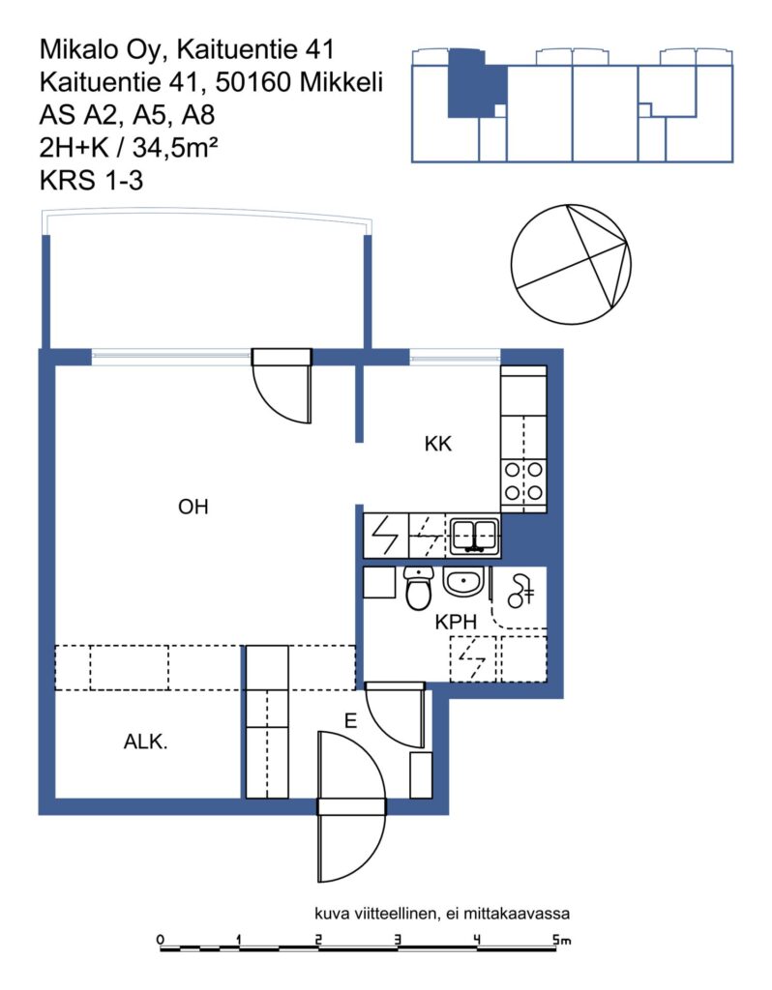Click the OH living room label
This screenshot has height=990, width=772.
pos(193,507)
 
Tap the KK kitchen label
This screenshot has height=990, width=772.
pos(438,444)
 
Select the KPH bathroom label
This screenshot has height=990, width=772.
pos(456,622)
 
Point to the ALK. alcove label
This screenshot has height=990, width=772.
pos(145,742)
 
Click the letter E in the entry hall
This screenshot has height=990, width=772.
pos(350,720)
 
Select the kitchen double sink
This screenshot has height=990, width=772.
pos(474,536)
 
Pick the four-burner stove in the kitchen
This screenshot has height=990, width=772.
pos(523,481)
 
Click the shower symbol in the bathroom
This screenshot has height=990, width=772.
pos(520,591)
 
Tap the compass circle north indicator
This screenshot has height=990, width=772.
pos(571,265)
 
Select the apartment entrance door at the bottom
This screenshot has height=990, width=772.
pos(351,806)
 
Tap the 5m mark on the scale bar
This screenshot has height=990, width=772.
pos(560,940)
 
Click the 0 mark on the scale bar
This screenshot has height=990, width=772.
pos(160,940)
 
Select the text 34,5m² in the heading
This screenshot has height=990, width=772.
pos(175,148)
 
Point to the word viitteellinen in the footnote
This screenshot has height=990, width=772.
pos(396,913)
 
